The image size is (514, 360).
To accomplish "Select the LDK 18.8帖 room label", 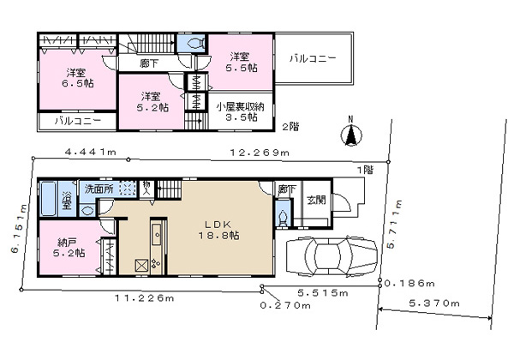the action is pyautogui.click(x=218, y=230).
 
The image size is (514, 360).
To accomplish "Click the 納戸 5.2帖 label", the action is pyautogui.click(x=69, y=248).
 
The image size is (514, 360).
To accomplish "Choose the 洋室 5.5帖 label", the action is pyautogui.click(x=241, y=63).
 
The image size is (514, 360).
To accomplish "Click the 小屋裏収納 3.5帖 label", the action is pyautogui.click(x=240, y=111).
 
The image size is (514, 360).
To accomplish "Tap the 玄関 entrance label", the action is pyautogui.click(x=316, y=200).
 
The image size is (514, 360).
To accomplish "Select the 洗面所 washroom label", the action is pyautogui.click(x=99, y=189).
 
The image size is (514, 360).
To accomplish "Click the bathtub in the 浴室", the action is pyautogui.click(x=49, y=199).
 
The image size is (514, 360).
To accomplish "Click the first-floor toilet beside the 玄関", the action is pyautogui.click(x=283, y=217).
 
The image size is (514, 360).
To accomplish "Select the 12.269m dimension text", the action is pyautogui.click(x=260, y=153).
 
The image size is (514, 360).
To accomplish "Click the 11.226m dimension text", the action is pyautogui.click(x=144, y=298).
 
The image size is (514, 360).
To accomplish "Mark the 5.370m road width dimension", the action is pyautogui.click(x=434, y=303).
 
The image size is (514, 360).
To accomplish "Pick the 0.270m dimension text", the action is pyautogui.click(x=285, y=306).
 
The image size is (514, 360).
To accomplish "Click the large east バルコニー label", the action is pyautogui.click(x=313, y=59).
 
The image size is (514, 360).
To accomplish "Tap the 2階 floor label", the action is pyautogui.click(x=290, y=127).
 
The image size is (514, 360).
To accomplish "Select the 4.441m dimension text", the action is pyautogui.click(x=91, y=152).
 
